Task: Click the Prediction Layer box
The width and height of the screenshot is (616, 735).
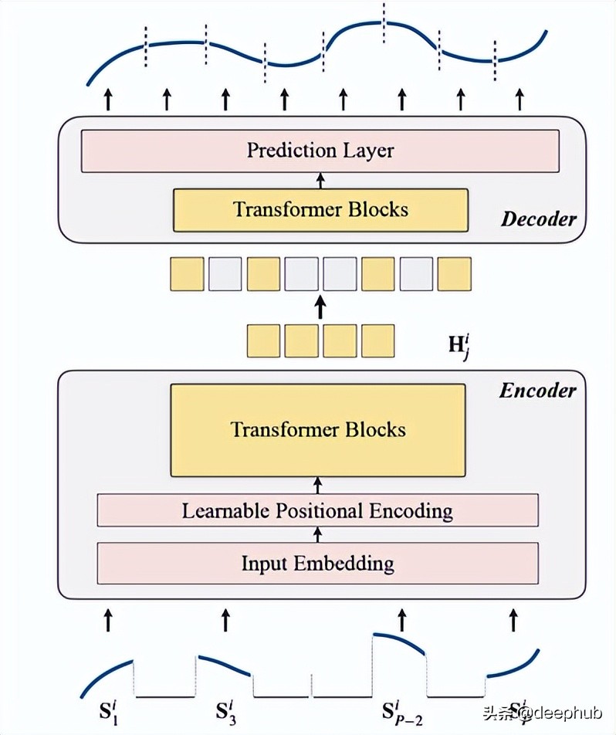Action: (320, 151)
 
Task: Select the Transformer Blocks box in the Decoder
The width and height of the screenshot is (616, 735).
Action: (320, 209)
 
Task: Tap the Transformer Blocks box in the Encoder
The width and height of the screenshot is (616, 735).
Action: (318, 430)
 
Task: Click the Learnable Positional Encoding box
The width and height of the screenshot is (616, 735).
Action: (317, 510)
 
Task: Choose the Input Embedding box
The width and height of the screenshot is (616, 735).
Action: (317, 563)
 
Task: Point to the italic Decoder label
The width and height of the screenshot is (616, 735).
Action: (538, 218)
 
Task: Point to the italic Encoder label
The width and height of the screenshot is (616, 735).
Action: (537, 390)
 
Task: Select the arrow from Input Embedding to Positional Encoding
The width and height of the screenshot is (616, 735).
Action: (317, 534)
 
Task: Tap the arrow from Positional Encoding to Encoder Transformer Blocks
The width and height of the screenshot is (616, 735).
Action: (317, 485)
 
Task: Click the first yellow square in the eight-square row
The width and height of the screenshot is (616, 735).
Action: (187, 274)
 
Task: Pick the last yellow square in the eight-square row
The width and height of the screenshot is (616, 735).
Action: (454, 274)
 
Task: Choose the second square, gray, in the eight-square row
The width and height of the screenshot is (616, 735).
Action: (225, 274)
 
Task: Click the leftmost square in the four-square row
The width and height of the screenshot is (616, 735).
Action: (263, 340)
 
